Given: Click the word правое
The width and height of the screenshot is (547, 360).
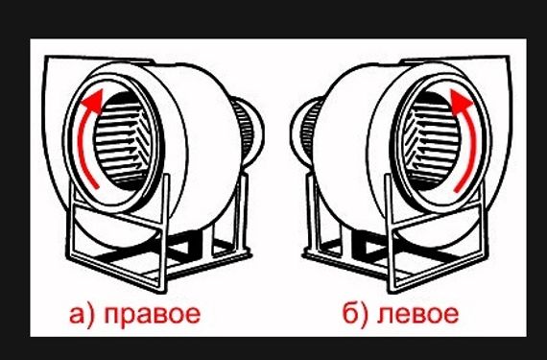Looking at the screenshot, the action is [153, 314].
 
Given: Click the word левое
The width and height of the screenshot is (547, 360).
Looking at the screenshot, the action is [417, 314].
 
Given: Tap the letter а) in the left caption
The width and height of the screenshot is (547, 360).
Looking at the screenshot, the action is [82, 314].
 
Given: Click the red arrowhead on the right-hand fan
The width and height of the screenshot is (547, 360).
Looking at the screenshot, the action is [461, 100].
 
